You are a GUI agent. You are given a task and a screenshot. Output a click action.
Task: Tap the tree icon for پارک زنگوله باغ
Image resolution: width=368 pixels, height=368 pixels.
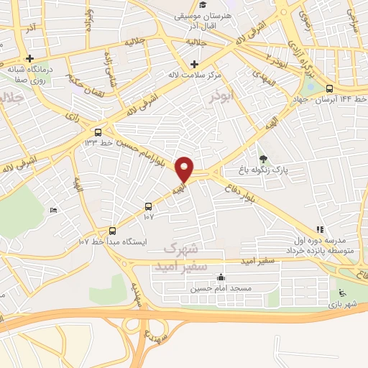click(x=263, y=159)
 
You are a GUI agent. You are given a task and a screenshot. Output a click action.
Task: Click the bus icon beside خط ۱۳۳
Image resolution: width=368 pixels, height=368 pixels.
click(x=98, y=132)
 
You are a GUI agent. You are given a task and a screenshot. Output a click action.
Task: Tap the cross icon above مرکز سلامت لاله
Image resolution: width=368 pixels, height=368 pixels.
click(x=195, y=57)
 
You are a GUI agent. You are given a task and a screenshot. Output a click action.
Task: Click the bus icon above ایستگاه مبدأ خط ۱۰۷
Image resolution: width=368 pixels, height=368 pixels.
click(x=112, y=231)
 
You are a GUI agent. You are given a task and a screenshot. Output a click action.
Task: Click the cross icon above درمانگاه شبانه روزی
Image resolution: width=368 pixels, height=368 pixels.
click(x=30, y=58)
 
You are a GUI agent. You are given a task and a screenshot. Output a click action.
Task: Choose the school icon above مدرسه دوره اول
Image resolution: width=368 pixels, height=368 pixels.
click(x=319, y=229)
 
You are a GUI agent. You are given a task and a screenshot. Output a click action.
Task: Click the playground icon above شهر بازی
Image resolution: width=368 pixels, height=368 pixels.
click(x=343, y=293)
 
